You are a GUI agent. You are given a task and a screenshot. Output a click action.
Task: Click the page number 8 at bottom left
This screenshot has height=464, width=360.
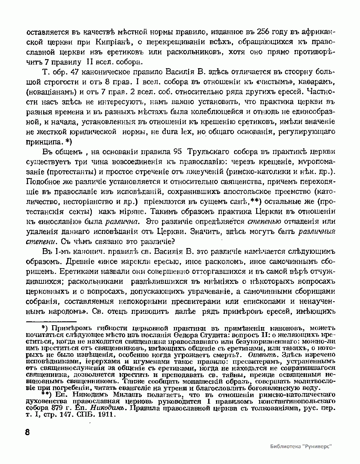27,433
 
